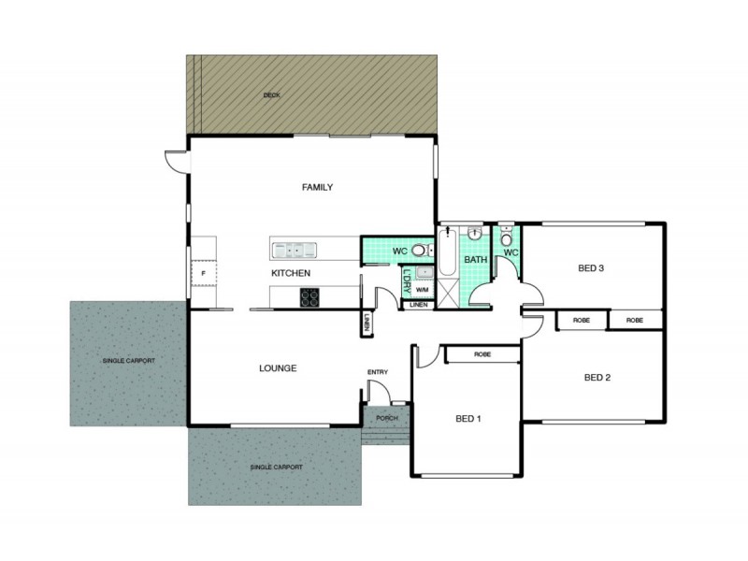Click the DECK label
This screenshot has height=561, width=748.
point(272,95)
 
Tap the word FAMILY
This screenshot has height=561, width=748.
point(317,187)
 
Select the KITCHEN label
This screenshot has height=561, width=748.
point(291,273)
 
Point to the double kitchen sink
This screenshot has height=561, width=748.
point(294,249)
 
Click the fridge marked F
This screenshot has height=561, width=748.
point(202,272)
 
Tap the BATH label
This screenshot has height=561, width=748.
point(476,260)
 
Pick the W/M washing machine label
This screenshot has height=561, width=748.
point(423,290)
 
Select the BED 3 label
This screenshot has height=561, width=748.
point(591,268)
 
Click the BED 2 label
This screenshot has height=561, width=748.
point(597,378)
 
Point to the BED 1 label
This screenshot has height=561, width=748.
point(467,418)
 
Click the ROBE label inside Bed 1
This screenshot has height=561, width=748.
point(482,354)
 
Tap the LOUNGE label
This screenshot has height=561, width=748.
point(278,368)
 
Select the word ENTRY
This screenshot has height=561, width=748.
point(378,372)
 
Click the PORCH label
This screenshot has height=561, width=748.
point(385,418)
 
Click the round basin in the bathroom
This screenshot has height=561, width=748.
point(475,234)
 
